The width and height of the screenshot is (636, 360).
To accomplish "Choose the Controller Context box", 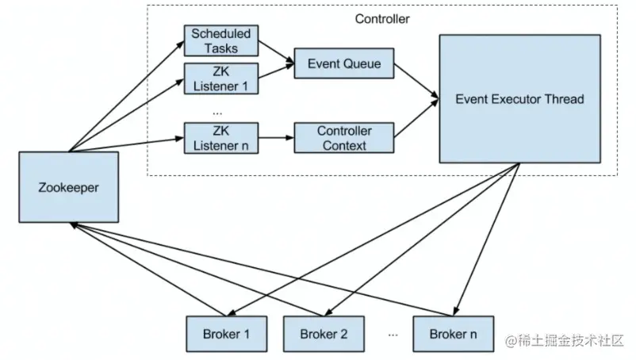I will [x=344, y=136].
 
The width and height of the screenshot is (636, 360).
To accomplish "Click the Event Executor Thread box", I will [x=519, y=98].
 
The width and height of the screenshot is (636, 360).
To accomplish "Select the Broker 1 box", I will [x=224, y=334].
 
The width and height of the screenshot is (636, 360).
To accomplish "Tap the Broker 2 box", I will [x=324, y=334].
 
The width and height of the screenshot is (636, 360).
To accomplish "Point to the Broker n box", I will [x=453, y=334].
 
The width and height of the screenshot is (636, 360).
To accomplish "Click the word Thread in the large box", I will [x=563, y=99].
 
